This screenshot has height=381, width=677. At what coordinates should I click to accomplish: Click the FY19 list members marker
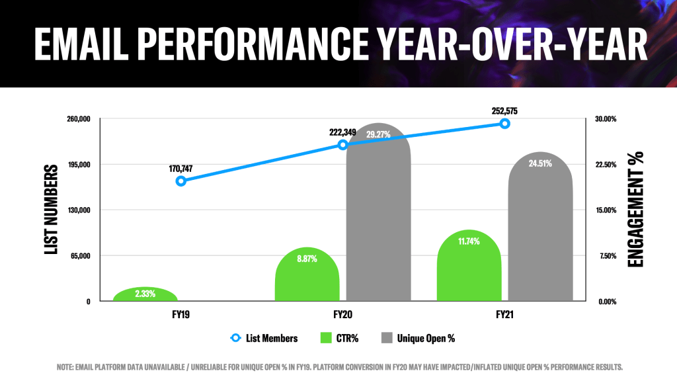[x=180, y=181]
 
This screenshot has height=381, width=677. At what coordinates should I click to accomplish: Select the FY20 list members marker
[x=342, y=144]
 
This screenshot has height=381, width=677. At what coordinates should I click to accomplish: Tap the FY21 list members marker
[x=504, y=124]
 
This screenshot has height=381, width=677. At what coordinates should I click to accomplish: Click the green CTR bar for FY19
[x=145, y=295]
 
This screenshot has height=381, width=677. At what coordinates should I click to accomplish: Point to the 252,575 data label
[x=504, y=110]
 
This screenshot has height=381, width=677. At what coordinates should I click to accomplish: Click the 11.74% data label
[x=469, y=241]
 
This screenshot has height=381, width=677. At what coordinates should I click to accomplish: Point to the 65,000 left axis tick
[x=79, y=256]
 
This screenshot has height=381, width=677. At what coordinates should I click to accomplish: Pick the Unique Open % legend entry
[x=426, y=338]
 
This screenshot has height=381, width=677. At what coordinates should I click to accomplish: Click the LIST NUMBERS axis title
[x=50, y=210]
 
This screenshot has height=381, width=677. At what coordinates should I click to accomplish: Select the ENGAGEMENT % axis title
[x=636, y=210]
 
